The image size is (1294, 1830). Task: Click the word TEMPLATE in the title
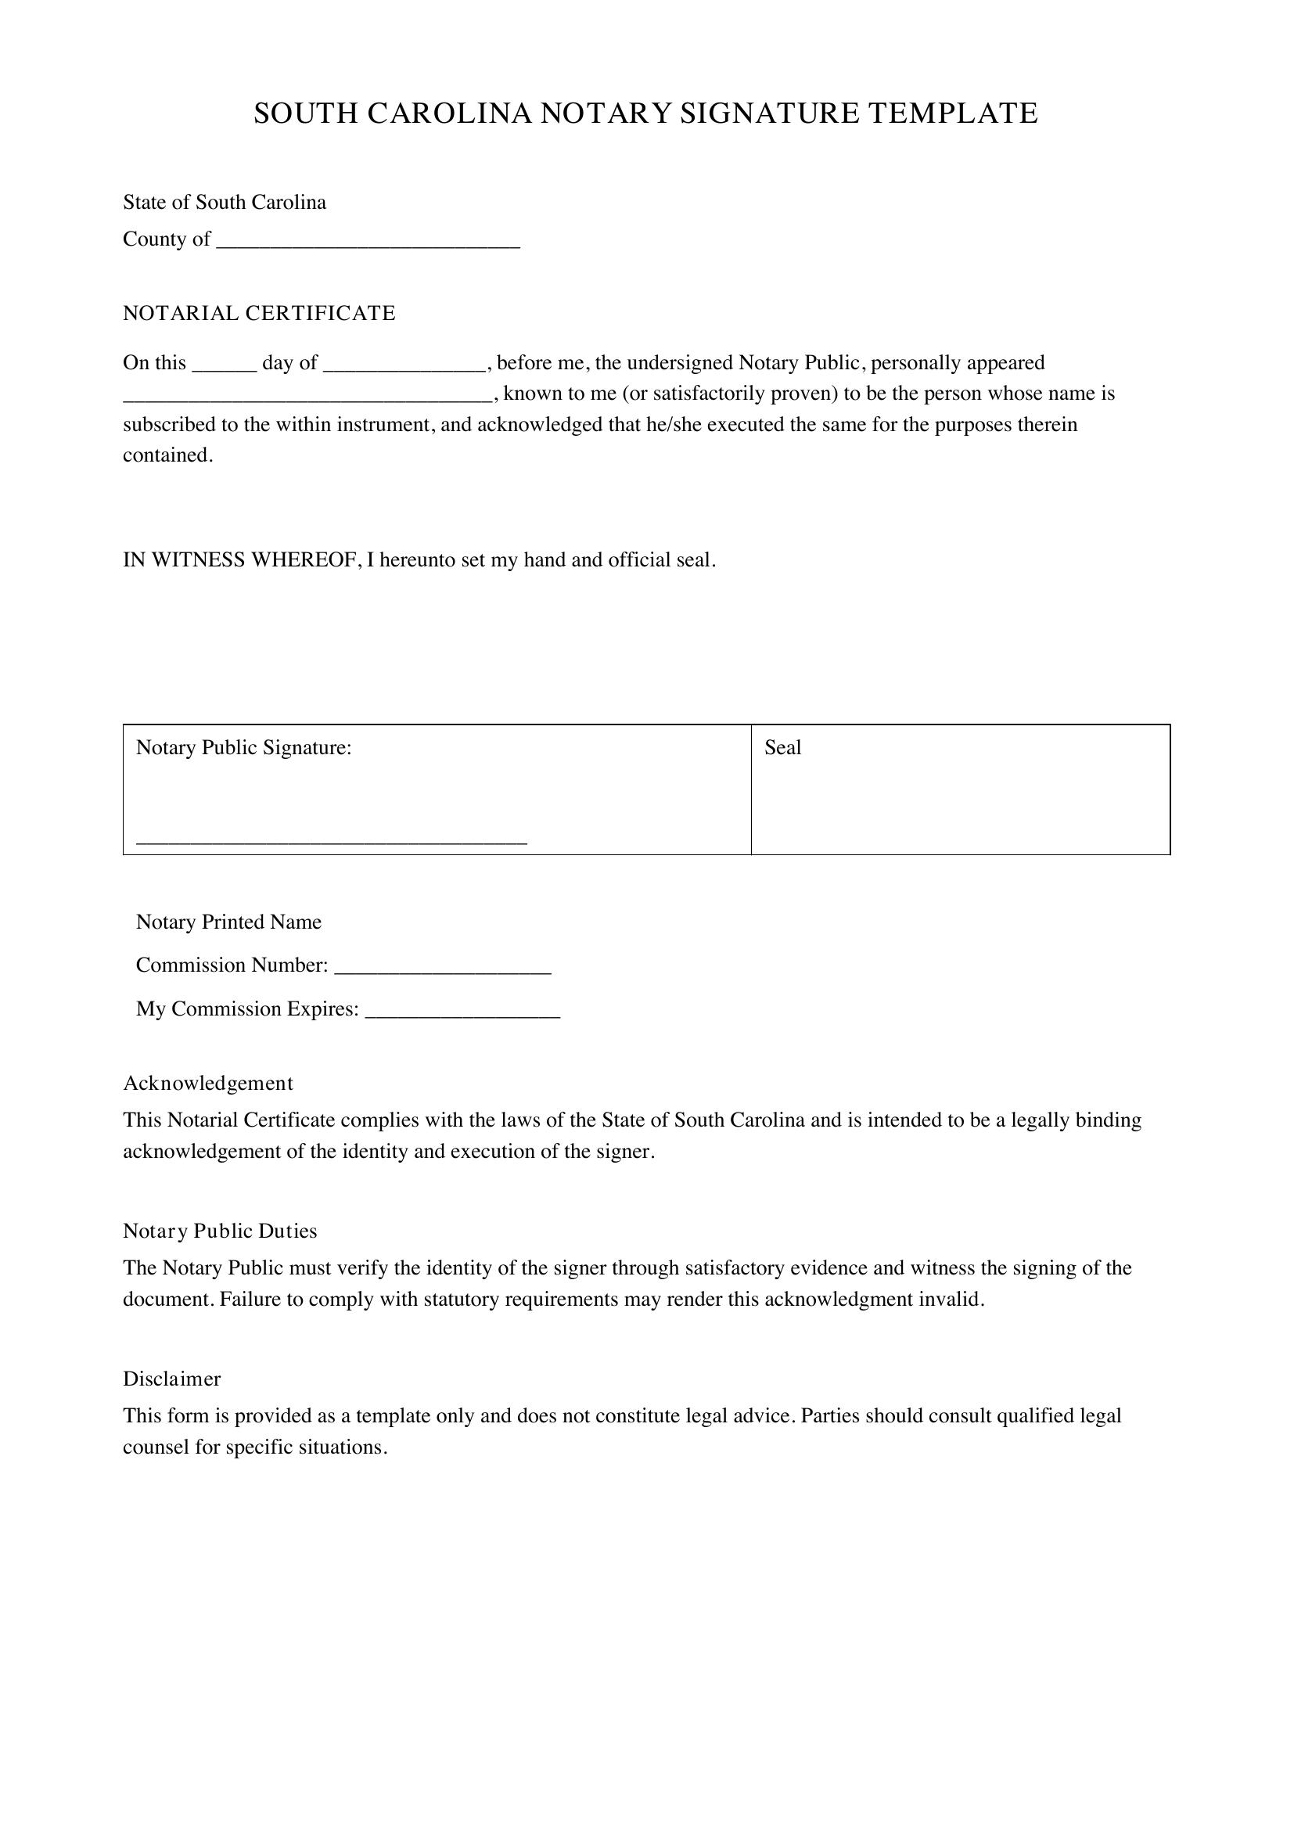coord(952,113)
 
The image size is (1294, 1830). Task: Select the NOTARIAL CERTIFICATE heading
coord(259,313)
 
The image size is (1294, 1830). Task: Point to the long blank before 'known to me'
coord(307,399)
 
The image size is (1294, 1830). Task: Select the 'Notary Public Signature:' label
coord(244,748)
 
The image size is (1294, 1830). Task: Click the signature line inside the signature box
coord(332,841)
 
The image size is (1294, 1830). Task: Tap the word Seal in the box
coord(782,748)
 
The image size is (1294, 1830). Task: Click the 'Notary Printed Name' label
coord(228,922)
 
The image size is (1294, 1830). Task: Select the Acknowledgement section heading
coord(208,1083)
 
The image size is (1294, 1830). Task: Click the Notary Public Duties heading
coord(220,1231)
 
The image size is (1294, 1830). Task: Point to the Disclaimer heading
coord(171,1379)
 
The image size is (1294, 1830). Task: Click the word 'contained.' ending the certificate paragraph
coord(168,455)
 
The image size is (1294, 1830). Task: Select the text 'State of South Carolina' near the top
coord(224,203)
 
